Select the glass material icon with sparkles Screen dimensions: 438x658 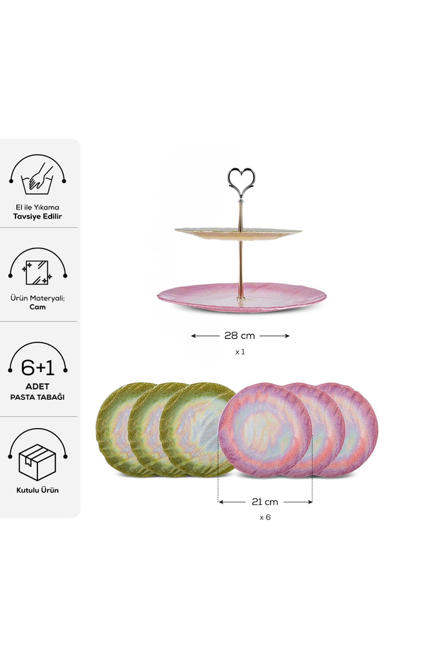click(37, 272)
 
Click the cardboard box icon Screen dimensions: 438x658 click(37, 462)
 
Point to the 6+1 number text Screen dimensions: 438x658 click(37, 368)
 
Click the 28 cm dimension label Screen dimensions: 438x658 click(239, 335)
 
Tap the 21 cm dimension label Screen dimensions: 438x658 click(265, 502)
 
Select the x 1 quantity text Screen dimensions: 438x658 click(239, 352)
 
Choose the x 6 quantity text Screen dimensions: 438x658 click(265, 517)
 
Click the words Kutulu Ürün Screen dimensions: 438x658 click(37, 490)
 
